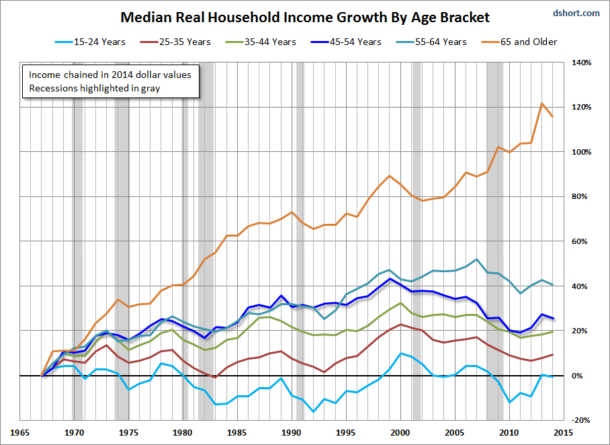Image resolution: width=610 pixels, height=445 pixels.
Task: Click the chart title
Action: pyautogui.click(x=305, y=17)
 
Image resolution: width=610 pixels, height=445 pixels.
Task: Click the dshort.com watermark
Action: pyautogui.click(x=576, y=12)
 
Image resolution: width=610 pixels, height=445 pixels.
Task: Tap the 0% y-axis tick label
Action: pyautogui.click(x=584, y=376)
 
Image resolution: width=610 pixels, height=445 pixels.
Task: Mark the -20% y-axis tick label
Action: pyautogui.click(x=581, y=420)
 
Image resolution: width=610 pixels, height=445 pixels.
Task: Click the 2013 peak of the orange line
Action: pyautogui.click(x=541, y=104)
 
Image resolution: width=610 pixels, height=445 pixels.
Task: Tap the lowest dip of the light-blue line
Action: pyautogui.click(x=313, y=411)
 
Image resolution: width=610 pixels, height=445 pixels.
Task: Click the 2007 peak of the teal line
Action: pyautogui.click(x=476, y=259)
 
